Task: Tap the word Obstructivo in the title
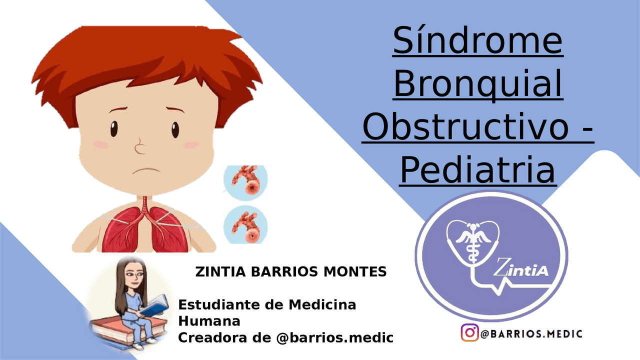click(465, 127)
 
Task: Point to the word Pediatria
click(477, 170)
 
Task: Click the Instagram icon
click(469, 333)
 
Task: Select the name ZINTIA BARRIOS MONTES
click(290, 272)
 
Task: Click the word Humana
click(209, 321)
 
